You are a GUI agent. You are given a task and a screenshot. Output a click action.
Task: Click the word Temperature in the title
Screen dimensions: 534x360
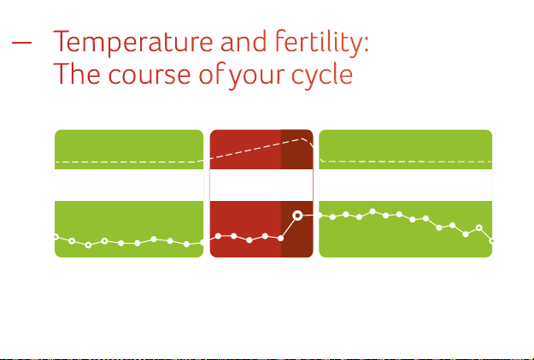pyautogui.click(x=133, y=42)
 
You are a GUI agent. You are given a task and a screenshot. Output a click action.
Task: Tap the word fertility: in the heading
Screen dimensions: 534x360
pyautogui.click(x=322, y=42)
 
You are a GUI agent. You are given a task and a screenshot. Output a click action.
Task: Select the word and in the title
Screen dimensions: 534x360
pyautogui.click(x=244, y=41)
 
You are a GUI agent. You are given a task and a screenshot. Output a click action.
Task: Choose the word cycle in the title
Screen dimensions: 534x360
pyautogui.click(x=322, y=76)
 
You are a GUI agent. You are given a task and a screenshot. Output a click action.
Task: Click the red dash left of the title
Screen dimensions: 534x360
pyautogui.click(x=21, y=43)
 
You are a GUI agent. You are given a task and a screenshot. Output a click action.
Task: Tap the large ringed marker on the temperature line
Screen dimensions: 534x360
pyautogui.click(x=297, y=215)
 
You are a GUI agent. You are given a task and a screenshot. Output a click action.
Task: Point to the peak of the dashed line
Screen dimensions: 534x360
pyautogui.click(x=302, y=139)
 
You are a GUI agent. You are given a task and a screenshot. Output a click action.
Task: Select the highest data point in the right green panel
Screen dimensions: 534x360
pyautogui.click(x=373, y=211)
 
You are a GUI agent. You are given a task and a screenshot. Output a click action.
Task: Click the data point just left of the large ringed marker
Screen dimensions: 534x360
pyautogui.click(x=280, y=239)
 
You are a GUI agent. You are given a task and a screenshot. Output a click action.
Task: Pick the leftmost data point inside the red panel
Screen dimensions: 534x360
pyautogui.click(x=219, y=236)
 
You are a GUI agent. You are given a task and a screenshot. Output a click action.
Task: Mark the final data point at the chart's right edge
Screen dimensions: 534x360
pyautogui.click(x=491, y=241)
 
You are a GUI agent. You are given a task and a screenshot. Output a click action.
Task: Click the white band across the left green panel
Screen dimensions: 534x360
pyautogui.click(x=129, y=185)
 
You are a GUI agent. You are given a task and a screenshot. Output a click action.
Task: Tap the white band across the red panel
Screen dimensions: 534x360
pyautogui.click(x=261, y=185)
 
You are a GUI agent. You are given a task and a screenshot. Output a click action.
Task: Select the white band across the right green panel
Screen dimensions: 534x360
pyautogui.click(x=406, y=185)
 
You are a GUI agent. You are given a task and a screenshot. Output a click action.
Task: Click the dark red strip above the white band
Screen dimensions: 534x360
pyautogui.click(x=296, y=150)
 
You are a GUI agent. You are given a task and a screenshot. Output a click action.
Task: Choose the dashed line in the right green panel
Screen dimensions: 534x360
pyautogui.click(x=406, y=161)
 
